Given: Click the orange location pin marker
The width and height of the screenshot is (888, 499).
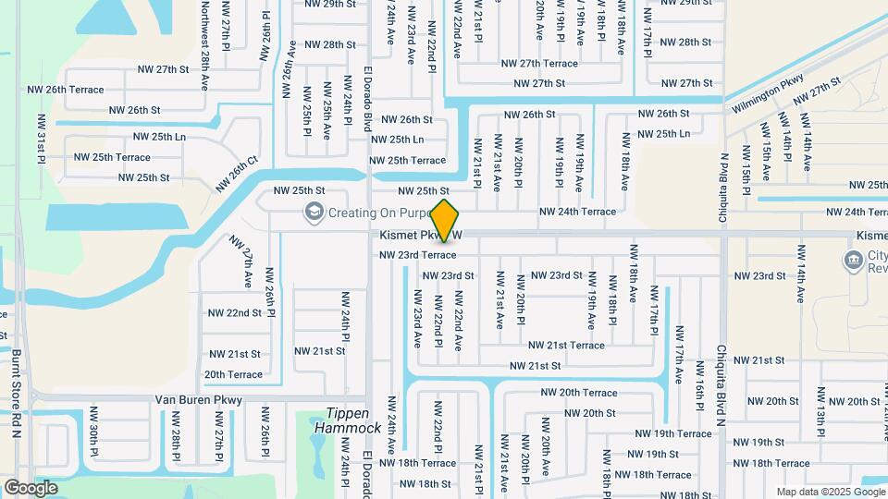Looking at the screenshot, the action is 445,219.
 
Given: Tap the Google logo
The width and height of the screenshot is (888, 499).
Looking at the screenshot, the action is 31,487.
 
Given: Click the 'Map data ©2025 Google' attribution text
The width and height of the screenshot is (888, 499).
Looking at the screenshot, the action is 830,492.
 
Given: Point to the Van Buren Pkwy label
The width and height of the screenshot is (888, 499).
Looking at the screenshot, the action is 198,400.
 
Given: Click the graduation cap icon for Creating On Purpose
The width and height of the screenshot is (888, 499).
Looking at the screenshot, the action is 314,213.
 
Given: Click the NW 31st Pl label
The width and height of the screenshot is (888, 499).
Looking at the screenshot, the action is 42,140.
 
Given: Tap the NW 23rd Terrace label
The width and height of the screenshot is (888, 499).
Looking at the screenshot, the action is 417,255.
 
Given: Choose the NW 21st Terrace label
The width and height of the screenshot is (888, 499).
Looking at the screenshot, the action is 566,346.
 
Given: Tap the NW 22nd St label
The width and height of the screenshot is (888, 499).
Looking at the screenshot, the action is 235,313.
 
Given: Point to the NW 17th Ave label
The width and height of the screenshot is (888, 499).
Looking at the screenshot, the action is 679,354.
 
